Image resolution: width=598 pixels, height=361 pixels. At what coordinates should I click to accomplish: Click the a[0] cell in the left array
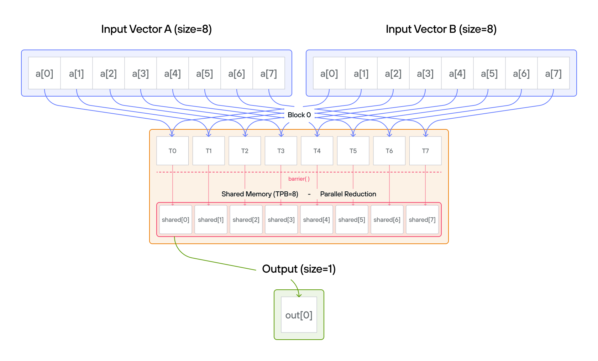(x=44, y=73)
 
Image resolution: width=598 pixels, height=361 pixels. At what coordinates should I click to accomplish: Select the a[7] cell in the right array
(x=553, y=73)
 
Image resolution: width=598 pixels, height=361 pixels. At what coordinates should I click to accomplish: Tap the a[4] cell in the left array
(x=173, y=73)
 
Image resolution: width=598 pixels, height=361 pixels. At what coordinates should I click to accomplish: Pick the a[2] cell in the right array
(x=393, y=73)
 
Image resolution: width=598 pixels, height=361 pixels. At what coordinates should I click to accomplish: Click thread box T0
(x=172, y=151)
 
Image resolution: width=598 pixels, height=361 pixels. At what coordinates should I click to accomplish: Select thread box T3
(x=281, y=151)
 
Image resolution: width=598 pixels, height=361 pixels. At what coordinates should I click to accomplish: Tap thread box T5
(x=353, y=151)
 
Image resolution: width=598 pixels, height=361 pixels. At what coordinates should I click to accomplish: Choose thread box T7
(x=425, y=151)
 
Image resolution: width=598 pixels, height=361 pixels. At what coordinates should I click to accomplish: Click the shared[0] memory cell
(x=175, y=220)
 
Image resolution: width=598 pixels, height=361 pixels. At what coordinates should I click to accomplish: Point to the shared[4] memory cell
(x=316, y=220)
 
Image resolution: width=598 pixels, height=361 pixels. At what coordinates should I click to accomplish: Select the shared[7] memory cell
(x=422, y=220)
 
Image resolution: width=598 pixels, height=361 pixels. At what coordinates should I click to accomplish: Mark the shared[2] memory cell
(x=246, y=220)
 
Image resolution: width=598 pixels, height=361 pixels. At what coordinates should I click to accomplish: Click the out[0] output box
(x=299, y=315)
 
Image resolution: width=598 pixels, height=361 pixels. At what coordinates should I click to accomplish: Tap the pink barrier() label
(x=299, y=179)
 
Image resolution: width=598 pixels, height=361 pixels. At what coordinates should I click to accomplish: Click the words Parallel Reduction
(x=348, y=194)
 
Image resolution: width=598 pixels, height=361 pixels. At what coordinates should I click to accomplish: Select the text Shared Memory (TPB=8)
(x=260, y=194)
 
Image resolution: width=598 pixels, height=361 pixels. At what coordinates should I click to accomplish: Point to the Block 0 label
(x=299, y=115)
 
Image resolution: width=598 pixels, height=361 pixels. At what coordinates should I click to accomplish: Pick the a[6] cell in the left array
(x=237, y=73)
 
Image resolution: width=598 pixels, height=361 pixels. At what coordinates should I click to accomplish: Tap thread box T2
(x=245, y=151)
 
